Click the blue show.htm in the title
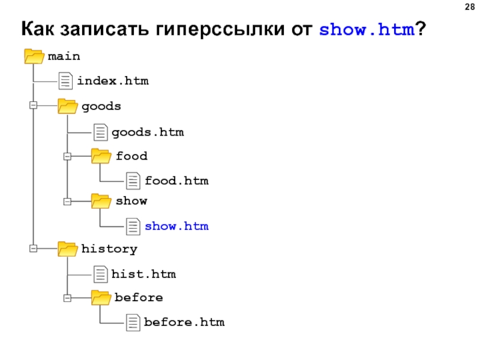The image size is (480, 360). click(x=367, y=29)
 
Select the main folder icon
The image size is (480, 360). click(x=34, y=56)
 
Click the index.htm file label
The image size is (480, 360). click(x=112, y=80)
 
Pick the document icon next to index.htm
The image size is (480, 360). click(x=66, y=80)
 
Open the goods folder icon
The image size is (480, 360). click(x=67, y=106)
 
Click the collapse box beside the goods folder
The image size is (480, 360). click(x=34, y=106)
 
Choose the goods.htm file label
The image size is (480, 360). click(x=147, y=131)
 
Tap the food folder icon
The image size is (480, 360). click(x=101, y=156)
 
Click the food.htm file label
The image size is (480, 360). click(x=176, y=180)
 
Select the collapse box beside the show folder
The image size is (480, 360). click(x=67, y=201)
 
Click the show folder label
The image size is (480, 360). click(x=131, y=200)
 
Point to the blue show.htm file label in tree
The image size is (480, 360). click(x=176, y=226)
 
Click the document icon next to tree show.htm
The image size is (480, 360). click(x=133, y=226)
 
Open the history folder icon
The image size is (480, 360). click(x=67, y=248)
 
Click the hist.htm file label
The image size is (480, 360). click(x=143, y=274)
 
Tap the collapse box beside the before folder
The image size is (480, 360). click(x=67, y=298)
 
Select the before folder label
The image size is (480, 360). click(x=139, y=297)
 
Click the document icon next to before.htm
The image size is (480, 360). click(x=133, y=322)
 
